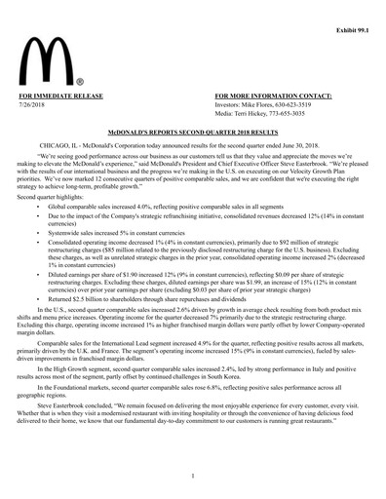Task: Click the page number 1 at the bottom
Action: coord(193,475)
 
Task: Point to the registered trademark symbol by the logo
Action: coord(79,83)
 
